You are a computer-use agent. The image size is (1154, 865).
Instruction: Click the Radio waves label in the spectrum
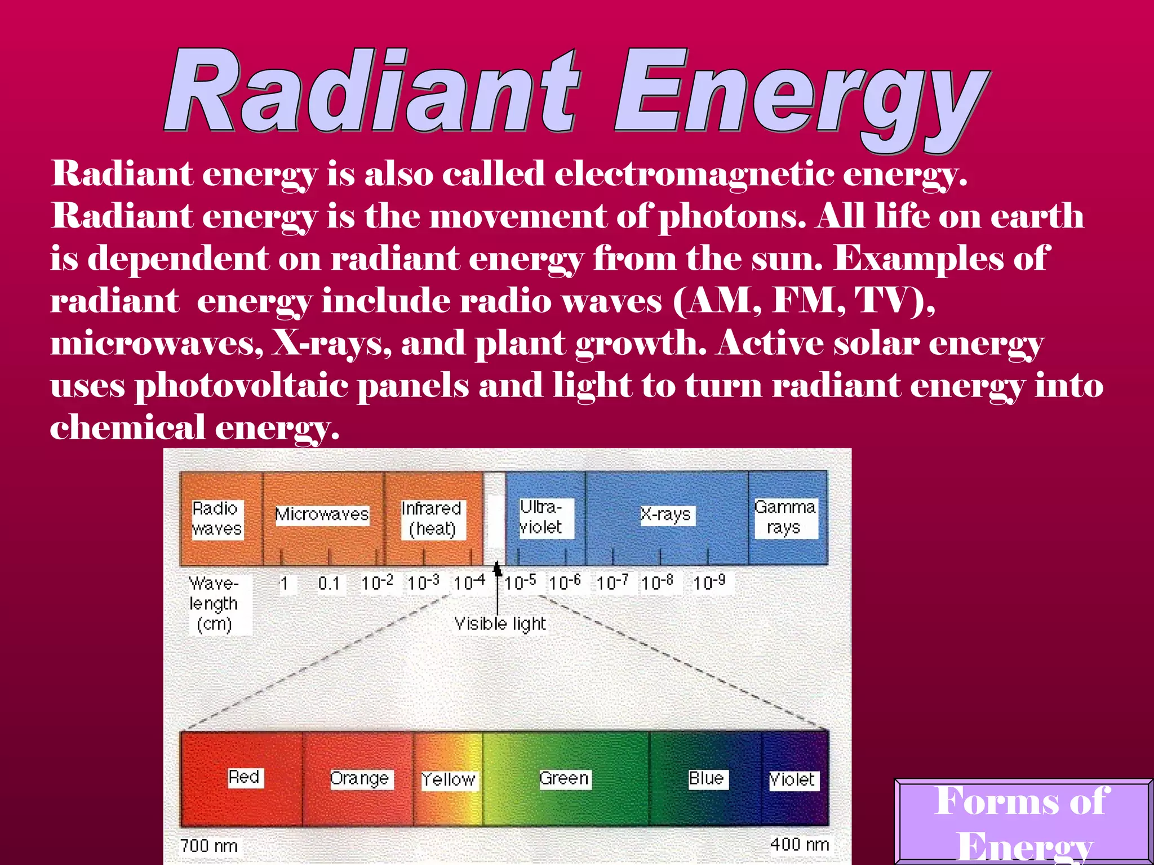[x=218, y=519]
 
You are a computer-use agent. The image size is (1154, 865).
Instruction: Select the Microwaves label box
[x=322, y=515]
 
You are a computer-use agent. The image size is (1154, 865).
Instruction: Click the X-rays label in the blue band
[x=667, y=515]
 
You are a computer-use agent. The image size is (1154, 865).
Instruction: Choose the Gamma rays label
[x=785, y=518]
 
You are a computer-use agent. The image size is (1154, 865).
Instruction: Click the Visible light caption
[x=500, y=624]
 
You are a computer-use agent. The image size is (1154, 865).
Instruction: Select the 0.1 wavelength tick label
[x=329, y=583]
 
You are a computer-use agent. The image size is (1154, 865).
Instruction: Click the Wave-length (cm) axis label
[x=215, y=604]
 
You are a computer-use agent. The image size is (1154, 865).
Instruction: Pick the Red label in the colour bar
[x=245, y=778]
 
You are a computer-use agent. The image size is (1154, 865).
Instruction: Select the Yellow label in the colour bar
[x=449, y=780]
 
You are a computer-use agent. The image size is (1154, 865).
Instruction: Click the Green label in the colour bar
[x=565, y=779]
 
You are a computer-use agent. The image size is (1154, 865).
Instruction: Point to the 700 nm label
[x=209, y=846]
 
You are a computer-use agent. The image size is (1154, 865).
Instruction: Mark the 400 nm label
[x=800, y=845]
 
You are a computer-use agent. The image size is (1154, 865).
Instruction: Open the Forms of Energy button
[x=1023, y=822]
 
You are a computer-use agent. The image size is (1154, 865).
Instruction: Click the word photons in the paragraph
[x=733, y=216]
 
